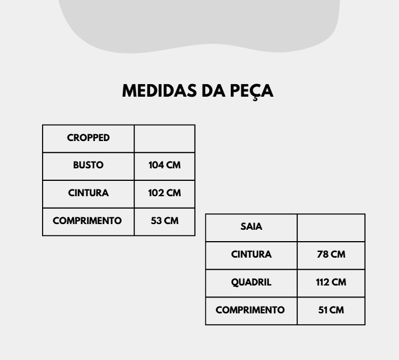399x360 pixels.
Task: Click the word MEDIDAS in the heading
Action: pyautogui.click(x=159, y=90)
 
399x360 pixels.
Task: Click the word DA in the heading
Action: pyautogui.click(x=214, y=90)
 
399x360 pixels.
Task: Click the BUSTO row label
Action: pyautogui.click(x=88, y=165)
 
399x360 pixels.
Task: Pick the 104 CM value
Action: pyautogui.click(x=164, y=165)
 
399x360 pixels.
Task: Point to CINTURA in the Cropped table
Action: pyautogui.click(x=88, y=193)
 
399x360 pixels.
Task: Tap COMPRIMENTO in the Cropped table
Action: pyautogui.click(x=87, y=221)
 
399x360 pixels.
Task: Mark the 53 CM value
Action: pyautogui.click(x=164, y=221)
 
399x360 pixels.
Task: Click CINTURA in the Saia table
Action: pyautogui.click(x=251, y=254)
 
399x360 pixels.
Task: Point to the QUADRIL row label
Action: pyautogui.click(x=251, y=282)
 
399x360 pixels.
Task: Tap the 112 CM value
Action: pyautogui.click(x=331, y=282)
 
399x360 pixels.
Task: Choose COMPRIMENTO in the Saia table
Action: pyautogui.click(x=250, y=310)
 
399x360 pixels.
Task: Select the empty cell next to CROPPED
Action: pyautogui.click(x=165, y=139)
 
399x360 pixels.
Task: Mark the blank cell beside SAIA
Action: pyautogui.click(x=331, y=228)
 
